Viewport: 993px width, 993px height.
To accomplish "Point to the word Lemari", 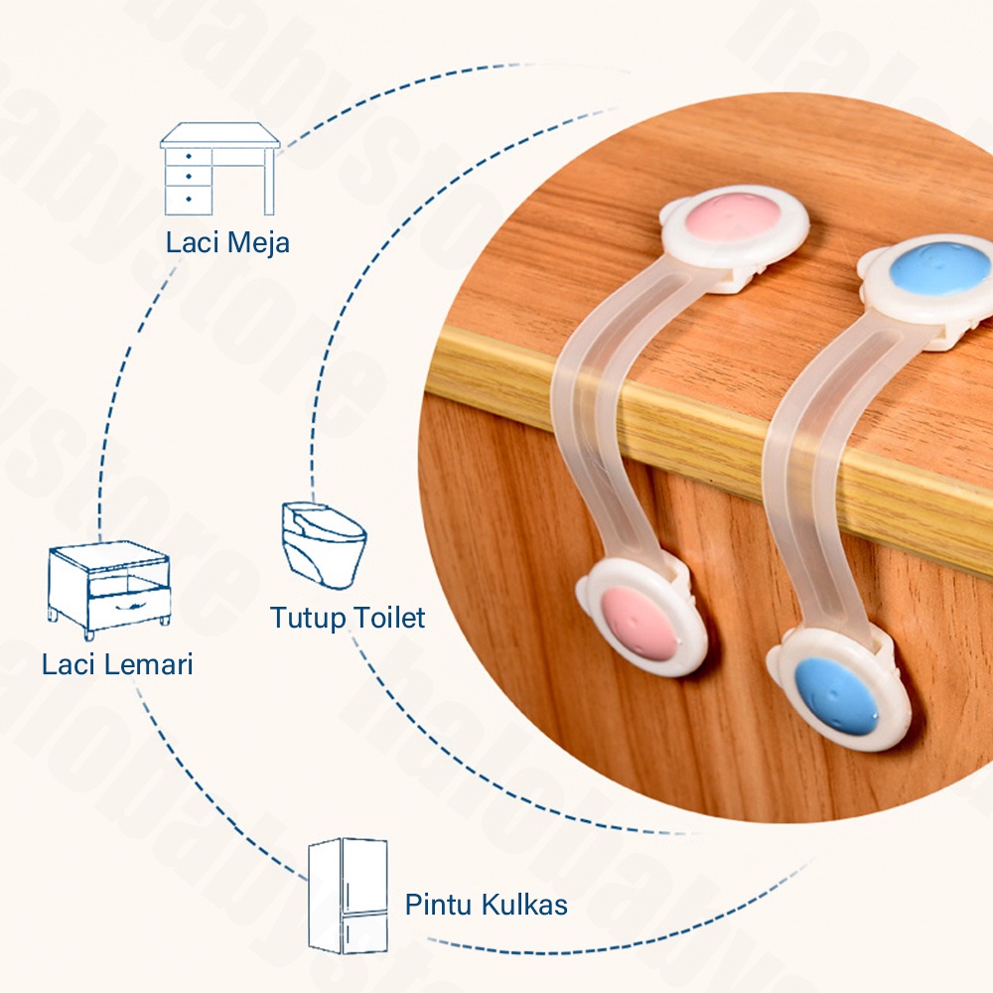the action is point(146,663).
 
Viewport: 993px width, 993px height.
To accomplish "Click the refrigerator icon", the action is point(348,896).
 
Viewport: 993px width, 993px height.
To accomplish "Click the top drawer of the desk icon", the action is point(189,157).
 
